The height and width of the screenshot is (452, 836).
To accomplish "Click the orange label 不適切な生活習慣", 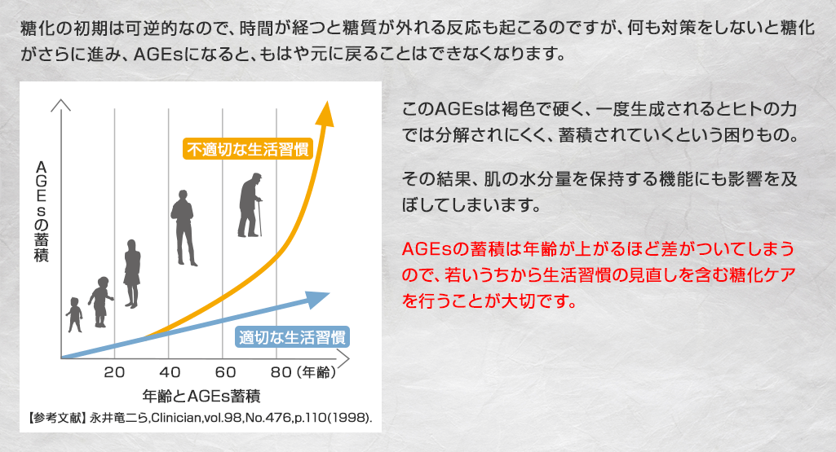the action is (248, 149).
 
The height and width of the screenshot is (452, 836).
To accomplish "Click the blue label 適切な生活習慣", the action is (292, 337).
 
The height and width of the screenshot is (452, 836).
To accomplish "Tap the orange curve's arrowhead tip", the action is (326, 101).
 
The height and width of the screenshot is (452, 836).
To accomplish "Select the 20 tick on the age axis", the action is (114, 372).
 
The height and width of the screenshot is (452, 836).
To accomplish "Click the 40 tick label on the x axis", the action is (170, 372).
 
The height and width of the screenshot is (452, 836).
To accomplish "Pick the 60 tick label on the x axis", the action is (225, 372).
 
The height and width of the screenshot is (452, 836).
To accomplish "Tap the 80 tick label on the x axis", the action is (281, 372).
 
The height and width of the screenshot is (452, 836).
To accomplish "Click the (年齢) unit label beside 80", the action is (316, 372).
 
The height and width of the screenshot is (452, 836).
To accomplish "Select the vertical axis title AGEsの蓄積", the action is (41, 212).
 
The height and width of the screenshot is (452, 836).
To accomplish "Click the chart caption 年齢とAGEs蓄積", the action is (201, 396).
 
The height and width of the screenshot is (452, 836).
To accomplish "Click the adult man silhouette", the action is (184, 227).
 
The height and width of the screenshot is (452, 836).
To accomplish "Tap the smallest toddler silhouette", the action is (75, 314).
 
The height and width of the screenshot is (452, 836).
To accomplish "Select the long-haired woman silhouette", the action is (131, 274).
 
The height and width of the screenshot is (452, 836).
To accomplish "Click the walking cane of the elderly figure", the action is (259, 217).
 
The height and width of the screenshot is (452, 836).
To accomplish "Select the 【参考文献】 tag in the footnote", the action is (56, 418).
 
